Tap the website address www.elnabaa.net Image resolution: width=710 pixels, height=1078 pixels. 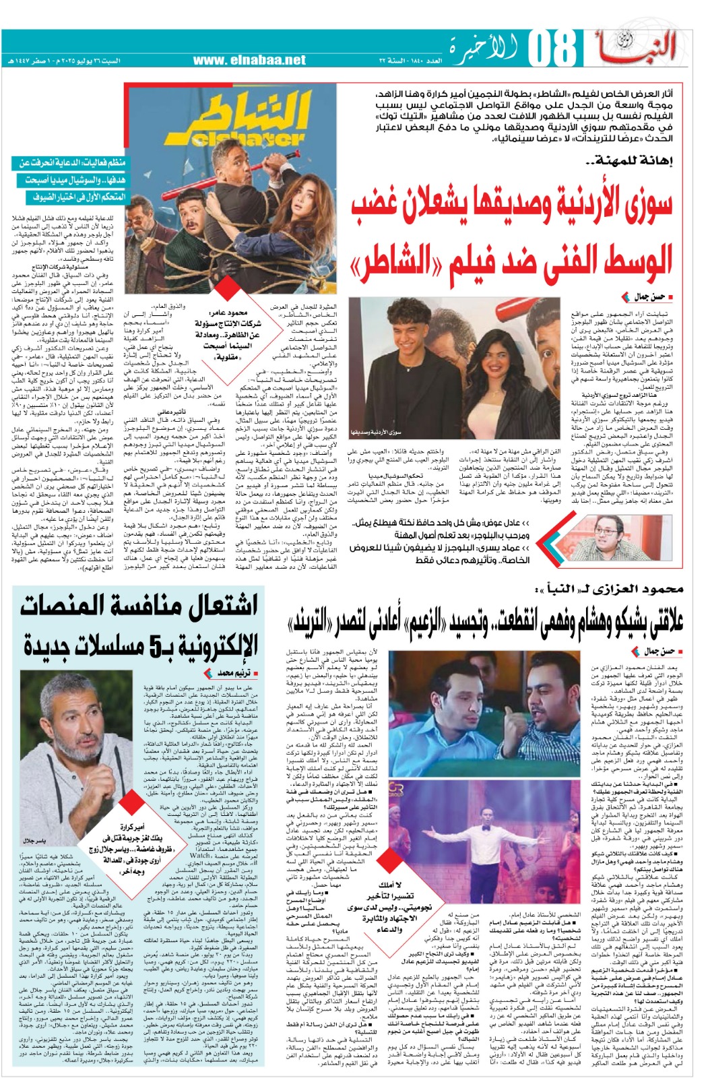pyautogui.click(x=249, y=60)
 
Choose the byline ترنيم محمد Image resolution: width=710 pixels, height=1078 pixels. pyautogui.click(x=229, y=672)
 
